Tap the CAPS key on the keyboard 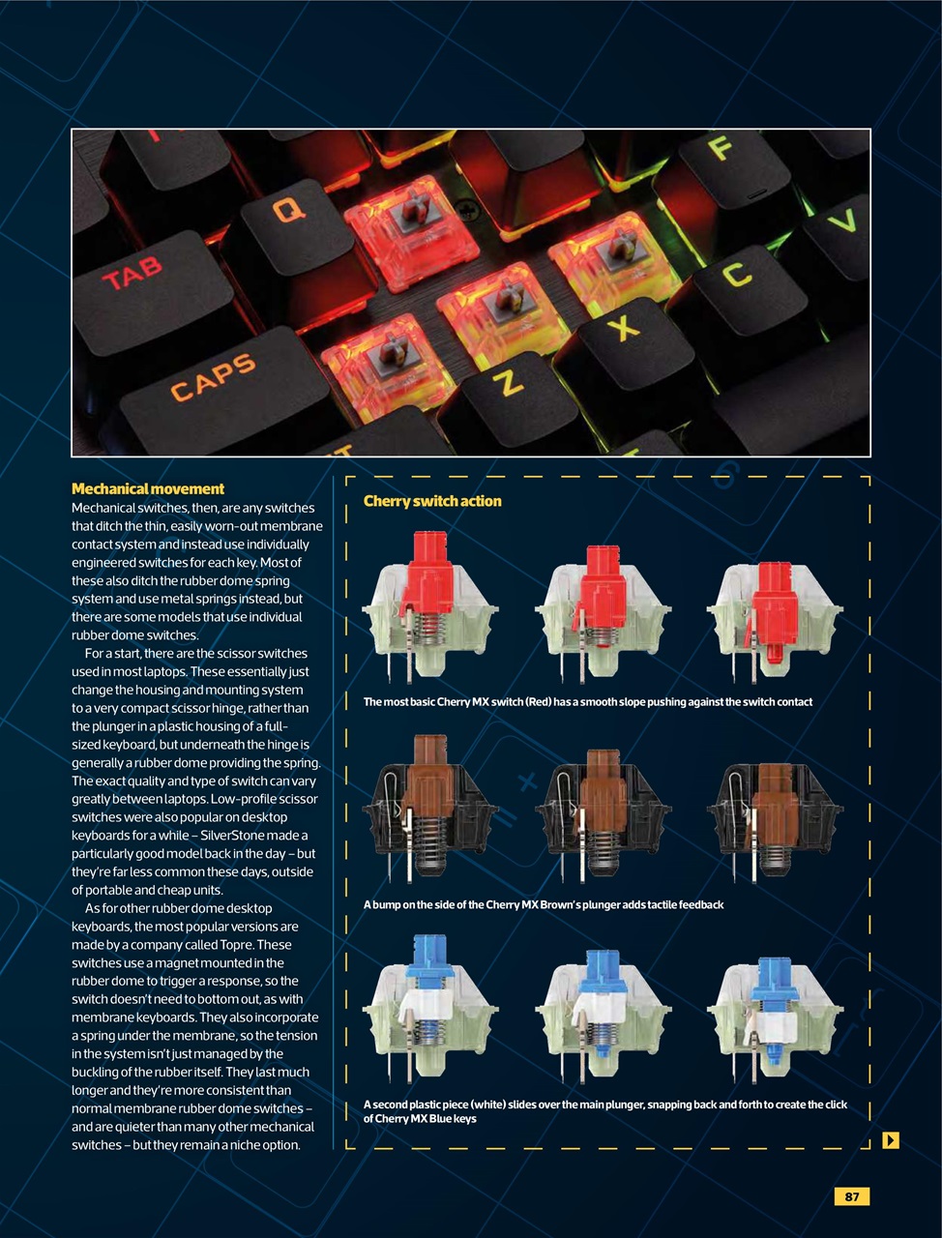coord(215,377)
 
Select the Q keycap coord(288,209)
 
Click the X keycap coord(624,328)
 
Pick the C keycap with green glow coord(737,275)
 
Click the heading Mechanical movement coord(148,489)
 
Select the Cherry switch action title coord(432,501)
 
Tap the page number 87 coord(851,1196)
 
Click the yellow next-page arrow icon coord(891,1140)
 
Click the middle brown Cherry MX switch coord(603,808)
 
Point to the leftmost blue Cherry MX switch coord(429,1006)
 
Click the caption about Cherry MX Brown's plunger coord(544,905)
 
